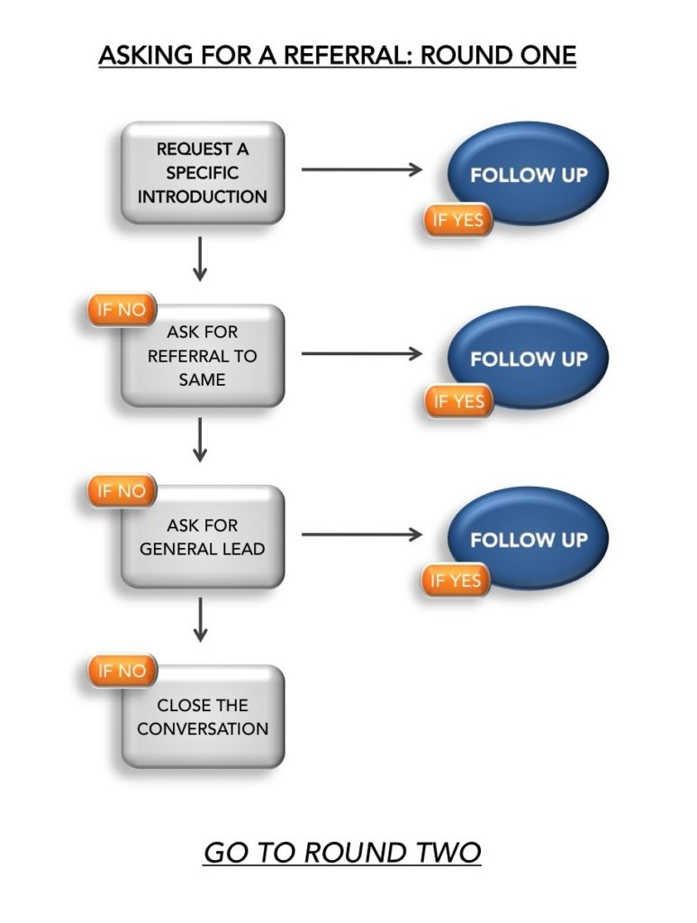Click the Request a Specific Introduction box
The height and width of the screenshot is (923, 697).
[203, 173]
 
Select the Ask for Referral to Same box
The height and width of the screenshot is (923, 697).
[203, 356]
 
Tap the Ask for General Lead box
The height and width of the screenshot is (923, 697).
[203, 537]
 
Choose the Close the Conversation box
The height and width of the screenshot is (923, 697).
[203, 717]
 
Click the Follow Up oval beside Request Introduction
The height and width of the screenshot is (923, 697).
[529, 174]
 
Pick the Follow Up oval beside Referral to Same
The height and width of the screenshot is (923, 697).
[529, 358]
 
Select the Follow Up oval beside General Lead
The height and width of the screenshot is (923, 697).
[529, 539]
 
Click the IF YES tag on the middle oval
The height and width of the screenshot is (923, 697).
[457, 401]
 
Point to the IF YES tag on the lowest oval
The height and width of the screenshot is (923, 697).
[456, 581]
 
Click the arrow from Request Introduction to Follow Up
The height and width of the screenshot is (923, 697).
[361, 169]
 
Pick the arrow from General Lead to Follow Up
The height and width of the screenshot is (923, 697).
[361, 535]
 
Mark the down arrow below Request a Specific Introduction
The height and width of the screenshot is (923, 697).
[201, 259]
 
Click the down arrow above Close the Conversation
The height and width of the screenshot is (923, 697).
[201, 622]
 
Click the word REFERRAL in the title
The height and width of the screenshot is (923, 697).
[353, 55]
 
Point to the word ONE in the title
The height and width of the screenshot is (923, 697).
[543, 55]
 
